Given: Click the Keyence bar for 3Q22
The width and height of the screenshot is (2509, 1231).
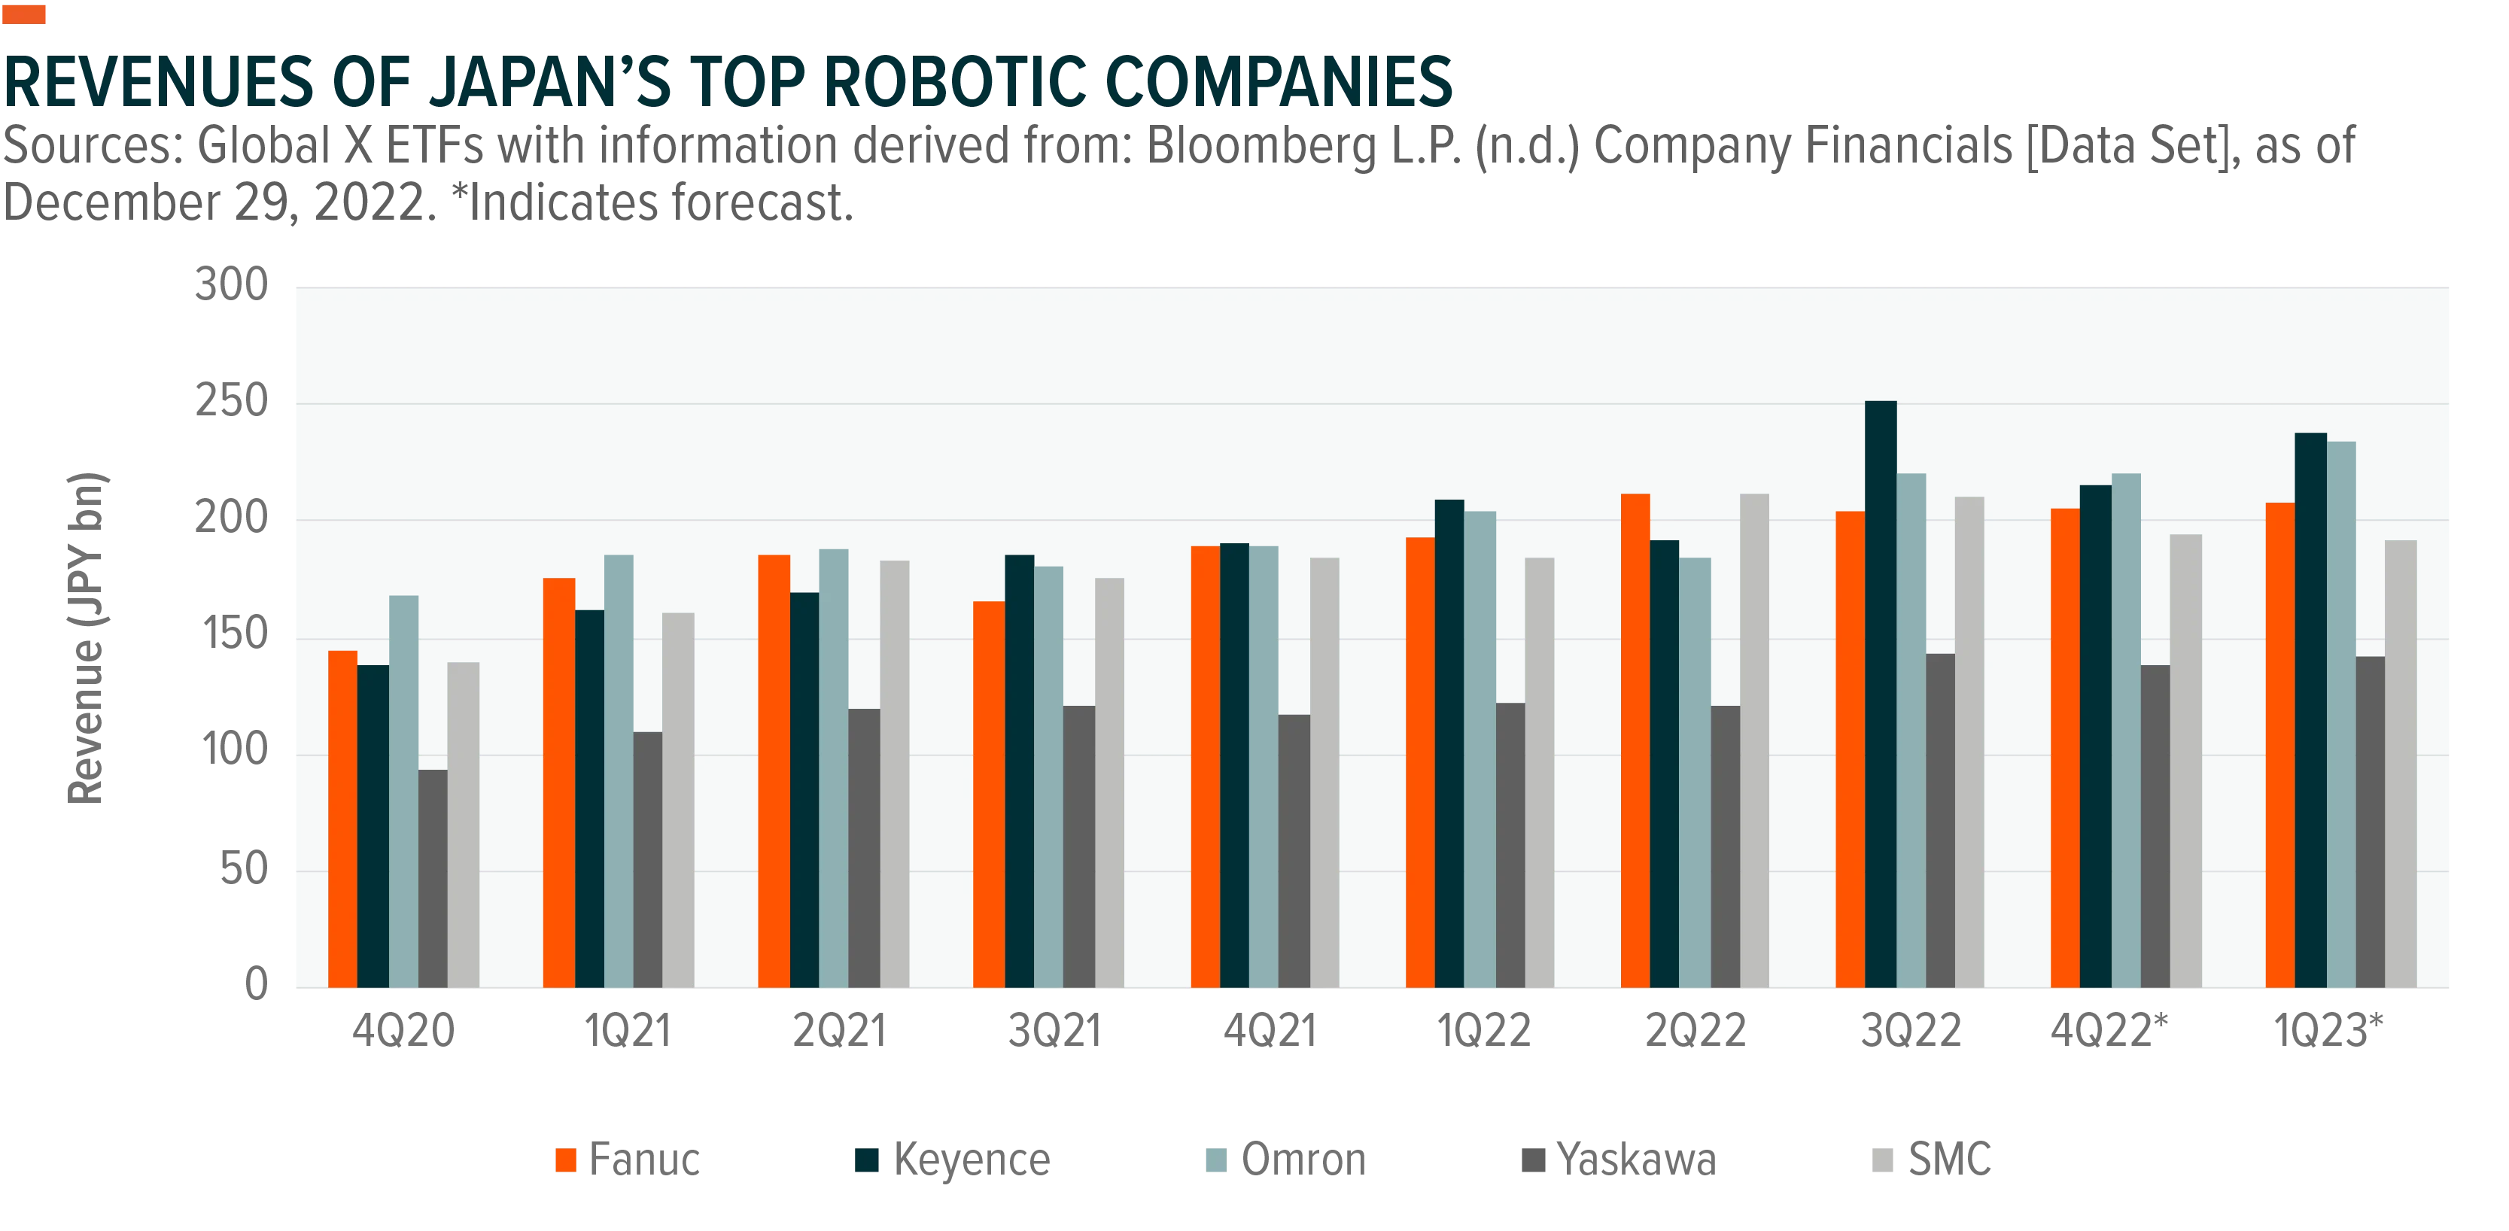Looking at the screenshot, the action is pos(1881,694).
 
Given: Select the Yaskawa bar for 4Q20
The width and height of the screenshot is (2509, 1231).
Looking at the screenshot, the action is pos(433,878).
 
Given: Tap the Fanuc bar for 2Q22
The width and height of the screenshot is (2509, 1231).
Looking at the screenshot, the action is pos(1635,740).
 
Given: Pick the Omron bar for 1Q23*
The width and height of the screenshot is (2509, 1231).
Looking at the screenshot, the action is pos(2341,714).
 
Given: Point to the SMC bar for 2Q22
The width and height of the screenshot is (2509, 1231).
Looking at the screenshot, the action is pos(1755,740).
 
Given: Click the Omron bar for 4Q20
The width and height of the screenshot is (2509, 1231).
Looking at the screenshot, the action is pos(404,791).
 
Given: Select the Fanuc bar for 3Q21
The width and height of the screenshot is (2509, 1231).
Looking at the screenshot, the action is pos(989,794).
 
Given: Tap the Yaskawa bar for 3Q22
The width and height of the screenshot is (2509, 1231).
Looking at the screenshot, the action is pos(1940,820).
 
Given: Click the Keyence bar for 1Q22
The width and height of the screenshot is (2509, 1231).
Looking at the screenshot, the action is pos(1449,743).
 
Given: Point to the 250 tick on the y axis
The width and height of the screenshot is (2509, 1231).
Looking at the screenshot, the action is pos(232,401).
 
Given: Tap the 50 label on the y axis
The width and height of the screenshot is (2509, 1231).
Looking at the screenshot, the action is pos(244,869).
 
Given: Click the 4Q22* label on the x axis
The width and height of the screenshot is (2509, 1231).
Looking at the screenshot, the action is pos(2109,1030).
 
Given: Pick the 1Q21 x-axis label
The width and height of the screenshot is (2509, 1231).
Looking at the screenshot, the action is pos(628,1030).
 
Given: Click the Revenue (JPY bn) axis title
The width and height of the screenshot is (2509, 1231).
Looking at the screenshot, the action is pos(86,638).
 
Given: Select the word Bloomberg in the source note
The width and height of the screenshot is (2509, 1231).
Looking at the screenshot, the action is pos(1261,146).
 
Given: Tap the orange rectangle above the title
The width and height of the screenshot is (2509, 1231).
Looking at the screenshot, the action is pos(23,14).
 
